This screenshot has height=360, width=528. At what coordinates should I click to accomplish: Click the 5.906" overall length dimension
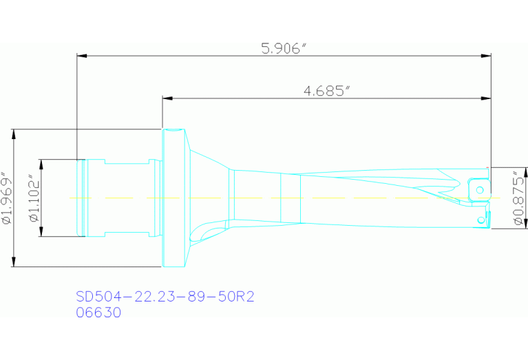click(x=283, y=48)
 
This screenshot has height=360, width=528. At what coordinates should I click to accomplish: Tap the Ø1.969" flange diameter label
click(x=8, y=198)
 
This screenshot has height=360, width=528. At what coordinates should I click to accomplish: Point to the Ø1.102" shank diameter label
click(x=32, y=198)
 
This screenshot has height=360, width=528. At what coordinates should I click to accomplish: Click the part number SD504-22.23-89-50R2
click(x=165, y=297)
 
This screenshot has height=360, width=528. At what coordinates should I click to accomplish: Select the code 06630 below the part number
click(x=98, y=312)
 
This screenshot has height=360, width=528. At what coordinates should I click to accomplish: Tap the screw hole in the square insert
click(x=481, y=189)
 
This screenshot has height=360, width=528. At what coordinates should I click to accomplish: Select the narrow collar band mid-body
click(x=291, y=198)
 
